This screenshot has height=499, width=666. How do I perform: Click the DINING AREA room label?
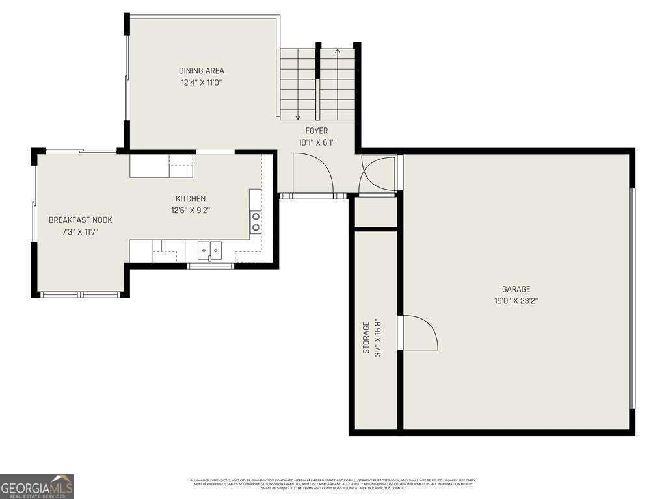pos(202,71)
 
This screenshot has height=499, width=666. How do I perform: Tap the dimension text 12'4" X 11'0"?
pos(202,83)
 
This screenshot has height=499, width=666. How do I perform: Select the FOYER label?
pos(317,131)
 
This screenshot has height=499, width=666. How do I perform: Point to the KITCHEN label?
pos(191,199)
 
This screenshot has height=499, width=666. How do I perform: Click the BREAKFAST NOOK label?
pos(81,220)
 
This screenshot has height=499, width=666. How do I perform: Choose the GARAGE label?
pos(516,289)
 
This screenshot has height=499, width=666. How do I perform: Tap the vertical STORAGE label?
pos(366,337)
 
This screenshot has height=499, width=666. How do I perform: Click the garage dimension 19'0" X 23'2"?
pos(516,301)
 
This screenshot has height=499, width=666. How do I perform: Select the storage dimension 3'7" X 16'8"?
pos(378,337)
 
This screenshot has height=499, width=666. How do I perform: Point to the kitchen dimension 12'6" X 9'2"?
pos(191,211)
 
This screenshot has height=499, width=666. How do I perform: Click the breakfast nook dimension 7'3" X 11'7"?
pos(81,232)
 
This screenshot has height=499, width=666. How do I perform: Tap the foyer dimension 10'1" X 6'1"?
pos(317,142)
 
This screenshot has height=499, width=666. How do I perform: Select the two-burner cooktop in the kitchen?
pos(256,222)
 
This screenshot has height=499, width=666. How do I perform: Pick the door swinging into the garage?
pos(420,333)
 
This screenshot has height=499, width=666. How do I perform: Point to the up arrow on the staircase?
pos(337,51)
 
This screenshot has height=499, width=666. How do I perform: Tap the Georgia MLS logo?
pos(37,486)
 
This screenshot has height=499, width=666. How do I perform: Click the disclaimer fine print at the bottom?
pos(332,484)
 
